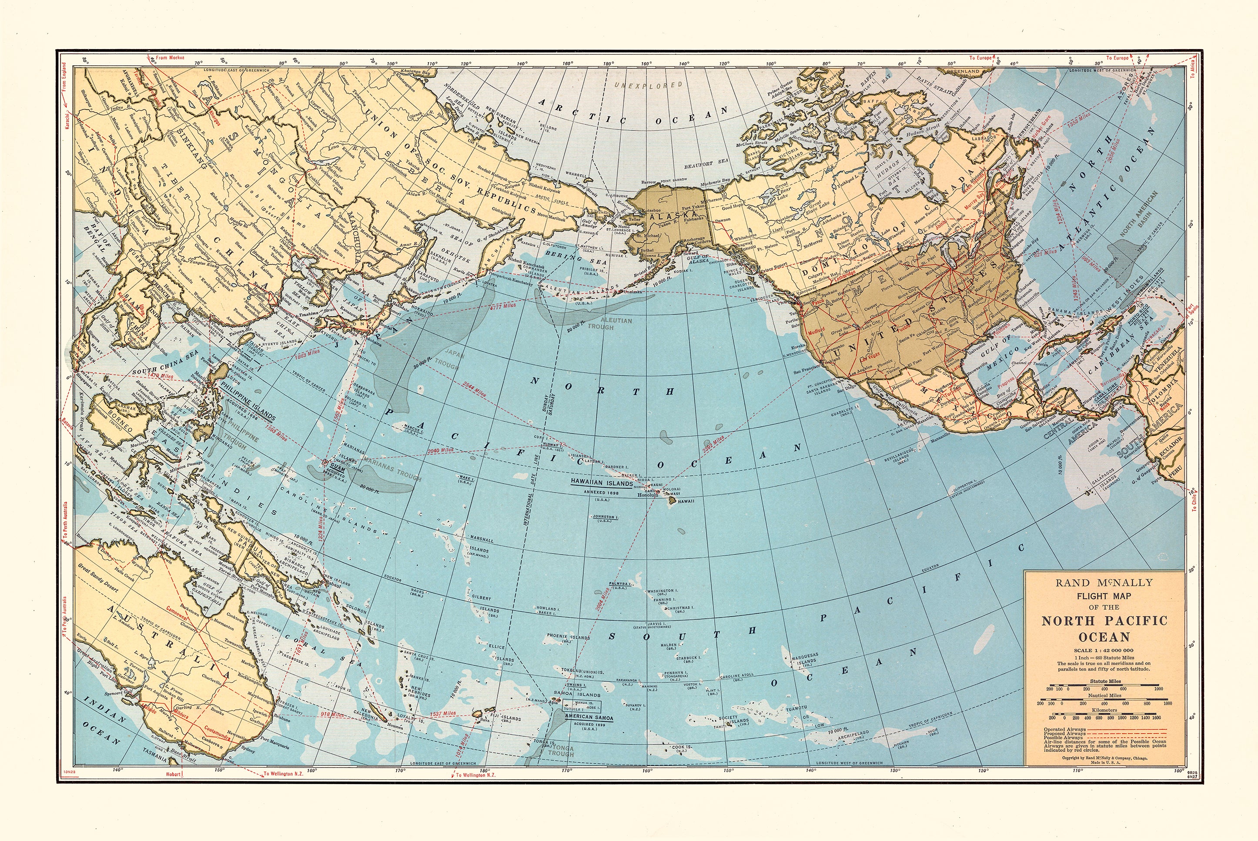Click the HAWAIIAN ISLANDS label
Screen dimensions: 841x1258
[594, 483]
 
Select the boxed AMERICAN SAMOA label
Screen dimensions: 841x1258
[586, 717]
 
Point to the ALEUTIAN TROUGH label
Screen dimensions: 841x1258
[601, 324]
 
